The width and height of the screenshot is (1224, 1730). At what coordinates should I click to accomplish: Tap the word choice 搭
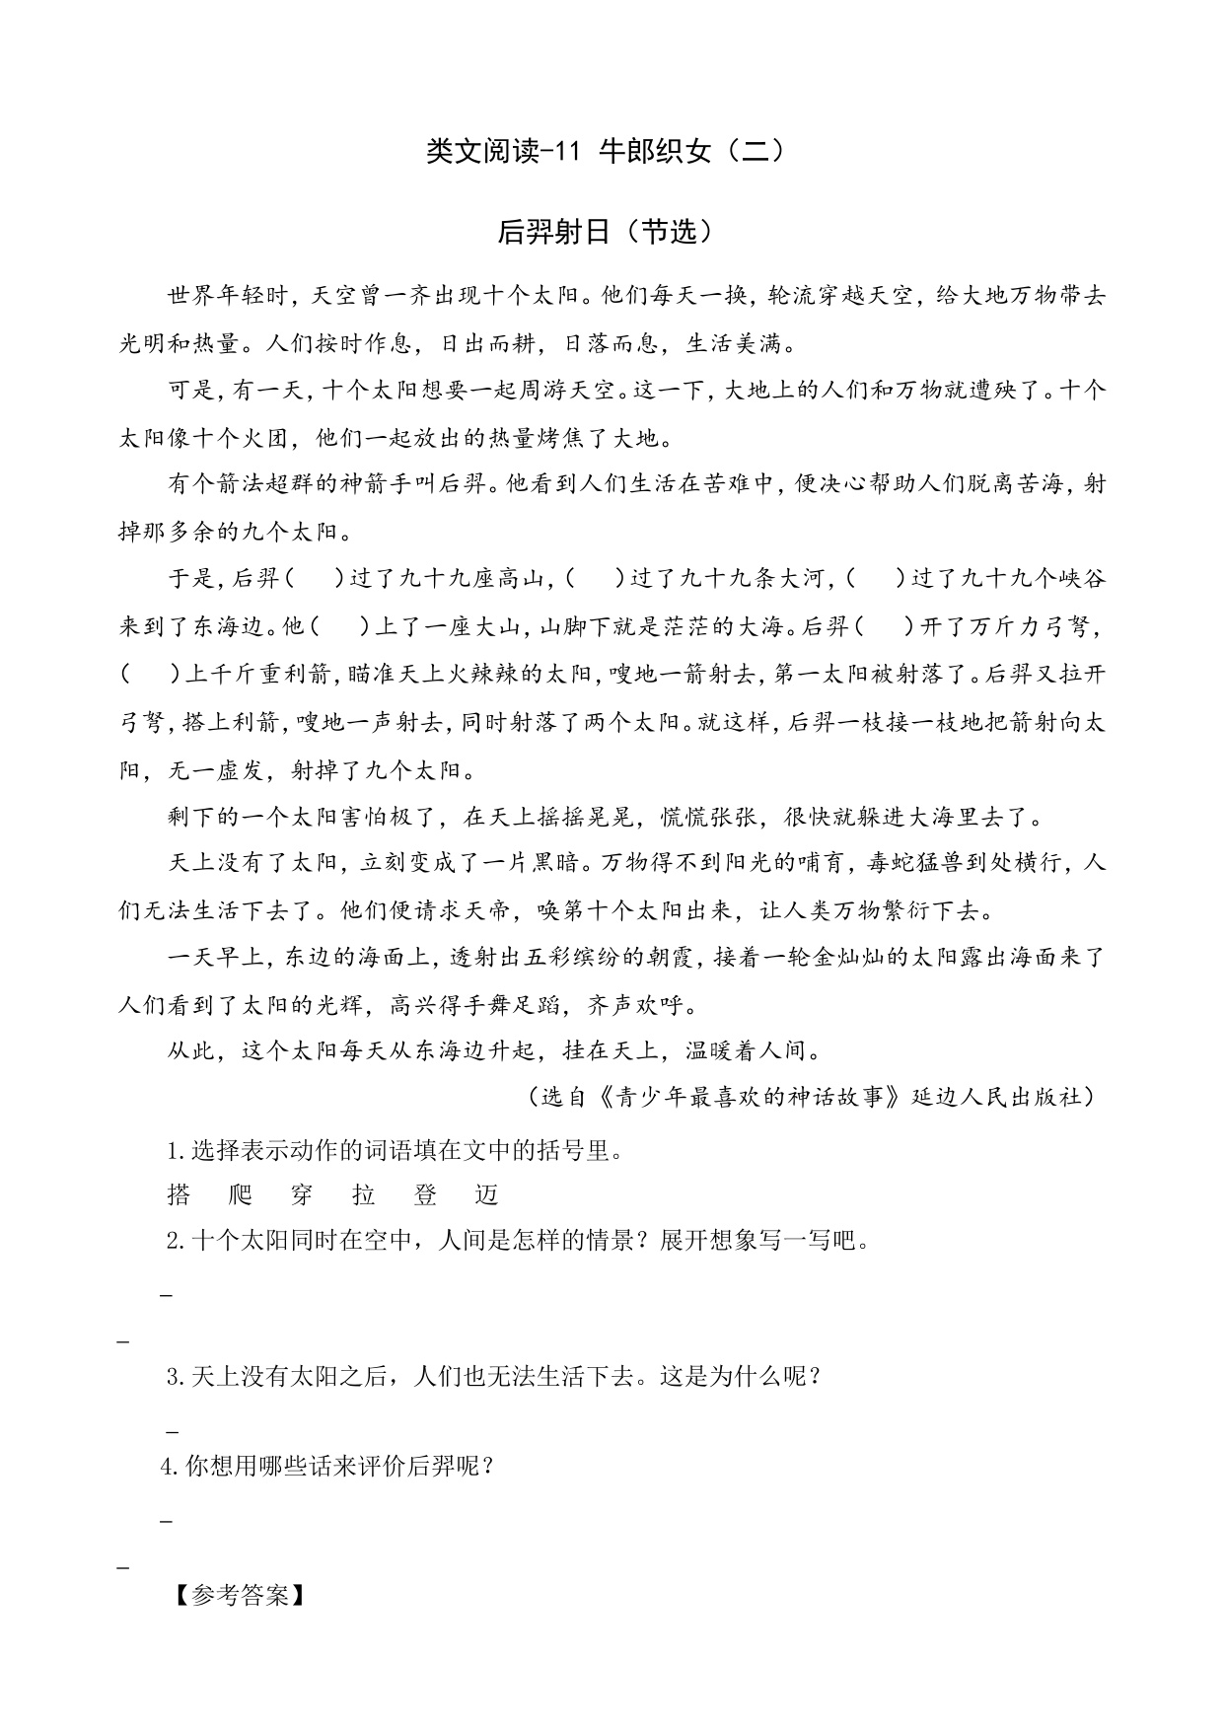click(x=179, y=1195)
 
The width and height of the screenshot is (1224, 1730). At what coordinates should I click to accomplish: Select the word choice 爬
click(x=240, y=1195)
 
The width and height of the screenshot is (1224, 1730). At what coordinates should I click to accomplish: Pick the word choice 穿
click(x=302, y=1195)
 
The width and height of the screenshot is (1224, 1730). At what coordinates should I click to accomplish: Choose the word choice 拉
click(x=364, y=1195)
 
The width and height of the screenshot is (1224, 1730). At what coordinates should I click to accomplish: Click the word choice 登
click(x=426, y=1195)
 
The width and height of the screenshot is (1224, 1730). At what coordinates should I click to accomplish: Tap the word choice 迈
click(x=487, y=1195)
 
